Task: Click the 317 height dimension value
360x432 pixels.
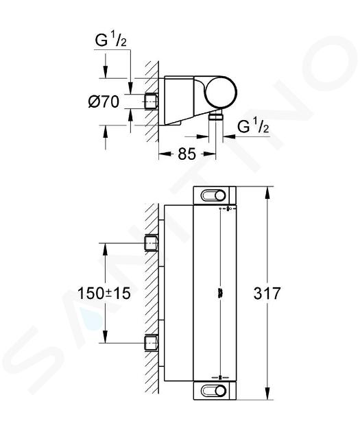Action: click(x=267, y=293)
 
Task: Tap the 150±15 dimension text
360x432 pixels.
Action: click(x=104, y=293)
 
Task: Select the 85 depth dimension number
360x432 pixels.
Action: click(x=187, y=154)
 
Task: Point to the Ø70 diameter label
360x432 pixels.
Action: click(x=104, y=101)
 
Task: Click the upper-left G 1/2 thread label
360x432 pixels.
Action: click(x=110, y=40)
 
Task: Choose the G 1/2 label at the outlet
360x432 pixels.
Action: click(x=253, y=127)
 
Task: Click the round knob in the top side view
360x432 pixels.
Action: click(x=221, y=92)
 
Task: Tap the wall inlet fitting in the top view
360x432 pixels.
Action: click(x=152, y=101)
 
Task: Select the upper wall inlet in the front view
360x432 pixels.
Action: click(x=152, y=243)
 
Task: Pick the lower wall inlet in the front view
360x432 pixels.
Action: click(x=152, y=343)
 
